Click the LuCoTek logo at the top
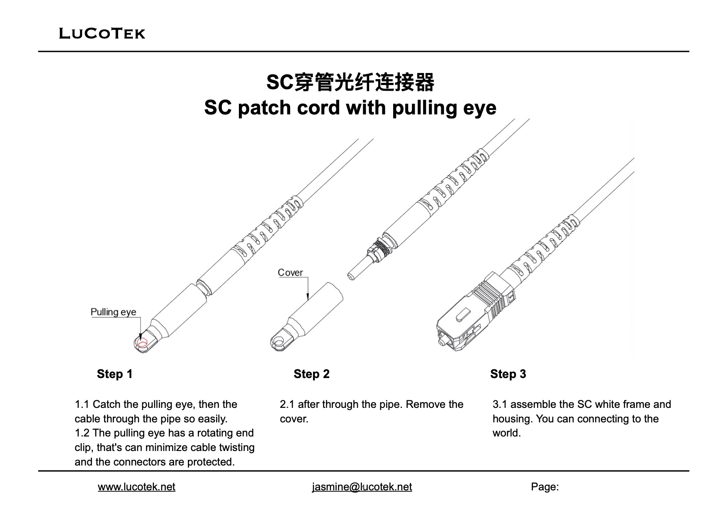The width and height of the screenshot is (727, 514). pos(102,33)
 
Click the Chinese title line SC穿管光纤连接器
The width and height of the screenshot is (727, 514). pos(350,82)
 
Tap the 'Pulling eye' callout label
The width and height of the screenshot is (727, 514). pos(113,312)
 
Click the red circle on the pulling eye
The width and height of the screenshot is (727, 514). pos(142,343)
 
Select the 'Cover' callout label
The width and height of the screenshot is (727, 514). pos(290,272)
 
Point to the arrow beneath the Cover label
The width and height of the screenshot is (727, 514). pos(308,290)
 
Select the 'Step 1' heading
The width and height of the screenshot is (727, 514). pos(114,374)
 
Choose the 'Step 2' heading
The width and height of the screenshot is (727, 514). pos(311,374)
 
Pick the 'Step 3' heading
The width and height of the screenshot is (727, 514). pos(508,374)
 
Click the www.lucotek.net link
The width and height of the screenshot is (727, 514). pos(136,487)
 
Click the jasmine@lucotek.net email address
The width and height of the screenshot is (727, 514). pos(362,487)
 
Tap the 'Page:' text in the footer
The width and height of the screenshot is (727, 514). pos(545,487)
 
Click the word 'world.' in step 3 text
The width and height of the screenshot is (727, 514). pos(506,433)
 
